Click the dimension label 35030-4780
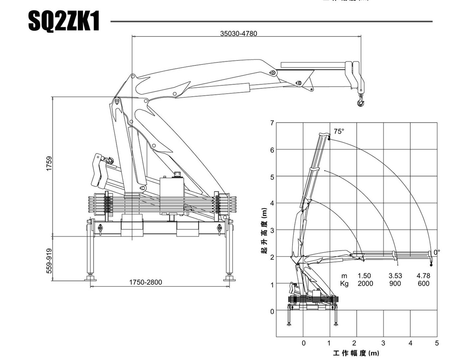tap(238, 34)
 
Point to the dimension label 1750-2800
tap(146, 282)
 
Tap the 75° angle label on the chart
tap(339, 131)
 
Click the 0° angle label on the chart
tap(437, 252)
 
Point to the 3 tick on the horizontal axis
tap(383, 343)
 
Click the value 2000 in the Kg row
tap(365, 283)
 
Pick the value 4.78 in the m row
tap(423, 276)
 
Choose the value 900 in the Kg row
tap(395, 283)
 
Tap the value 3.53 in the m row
tap(395, 276)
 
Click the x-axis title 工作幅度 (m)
tap(356, 353)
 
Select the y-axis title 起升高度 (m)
tap(265, 231)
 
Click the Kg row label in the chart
tap(344, 283)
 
